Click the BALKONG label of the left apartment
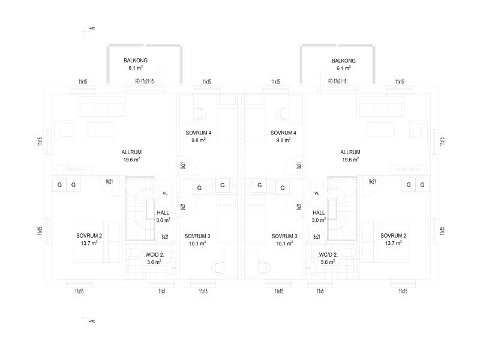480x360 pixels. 136,61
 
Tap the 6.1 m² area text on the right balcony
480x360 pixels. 343,68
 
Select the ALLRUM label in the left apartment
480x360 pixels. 131,152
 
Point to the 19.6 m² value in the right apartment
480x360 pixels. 350,160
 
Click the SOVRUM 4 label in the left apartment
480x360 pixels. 199,133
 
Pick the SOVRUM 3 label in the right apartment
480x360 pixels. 284,236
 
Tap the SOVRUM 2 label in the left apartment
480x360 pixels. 89,236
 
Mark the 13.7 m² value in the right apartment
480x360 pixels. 394,243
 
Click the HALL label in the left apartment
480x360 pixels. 163,212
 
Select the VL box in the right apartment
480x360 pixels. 317,193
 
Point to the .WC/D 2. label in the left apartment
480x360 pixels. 154,254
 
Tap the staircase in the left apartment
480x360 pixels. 140,208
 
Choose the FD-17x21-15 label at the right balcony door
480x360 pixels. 337,81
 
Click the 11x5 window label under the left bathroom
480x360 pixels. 161,291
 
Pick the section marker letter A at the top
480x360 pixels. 93,28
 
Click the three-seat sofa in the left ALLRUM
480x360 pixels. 101,110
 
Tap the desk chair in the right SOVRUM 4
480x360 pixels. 283,113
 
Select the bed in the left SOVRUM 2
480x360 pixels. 97,242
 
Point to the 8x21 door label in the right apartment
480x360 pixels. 317,236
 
